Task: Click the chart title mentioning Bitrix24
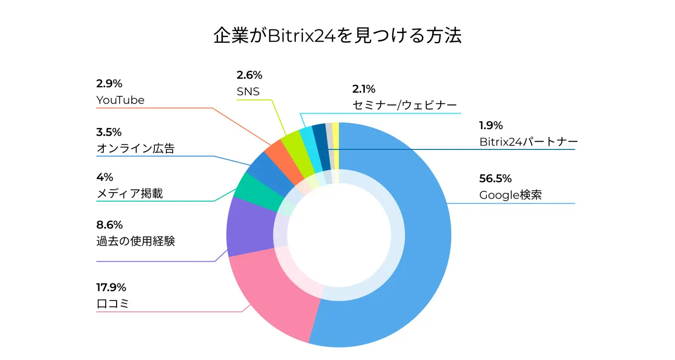click(x=337, y=36)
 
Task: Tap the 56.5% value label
click(x=495, y=179)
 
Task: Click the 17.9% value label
click(x=111, y=288)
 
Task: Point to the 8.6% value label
click(x=109, y=225)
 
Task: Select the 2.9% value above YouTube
click(x=109, y=83)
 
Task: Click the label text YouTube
click(x=120, y=100)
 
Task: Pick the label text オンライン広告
click(x=135, y=148)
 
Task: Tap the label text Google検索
click(x=510, y=195)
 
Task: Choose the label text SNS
click(x=248, y=92)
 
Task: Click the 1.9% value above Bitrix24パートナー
click(x=491, y=125)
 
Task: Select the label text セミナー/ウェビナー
click(x=404, y=106)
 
